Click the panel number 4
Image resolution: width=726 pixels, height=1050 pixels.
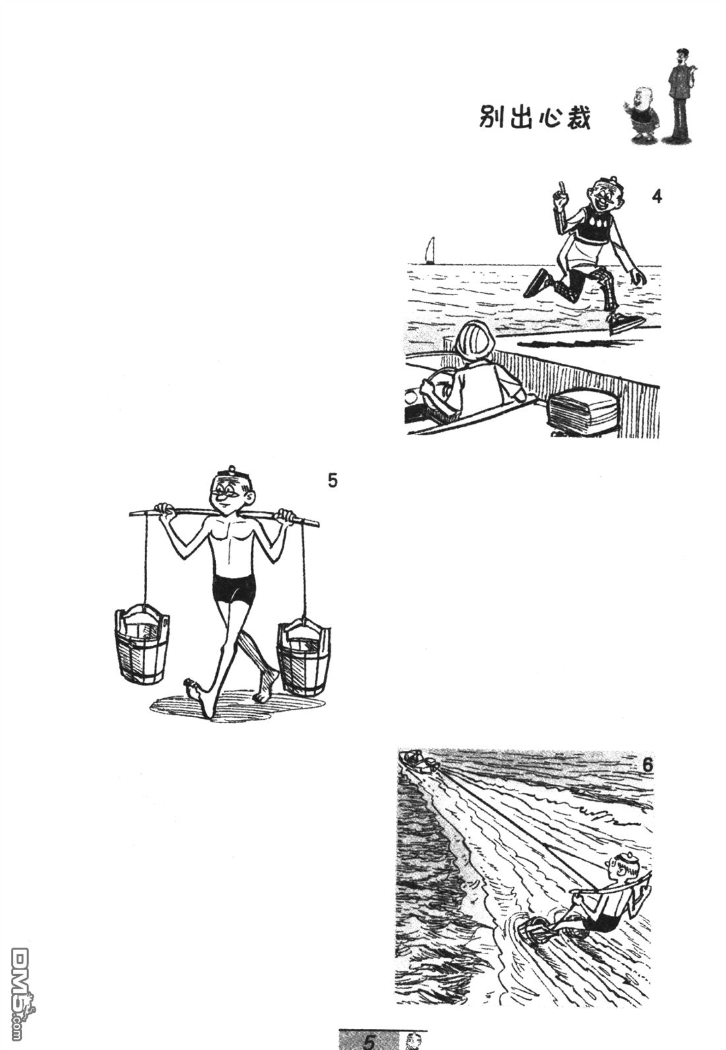pyautogui.click(x=657, y=197)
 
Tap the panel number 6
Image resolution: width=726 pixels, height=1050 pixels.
pyautogui.click(x=647, y=765)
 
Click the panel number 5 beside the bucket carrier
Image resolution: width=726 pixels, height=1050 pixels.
pyautogui.click(x=332, y=481)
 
